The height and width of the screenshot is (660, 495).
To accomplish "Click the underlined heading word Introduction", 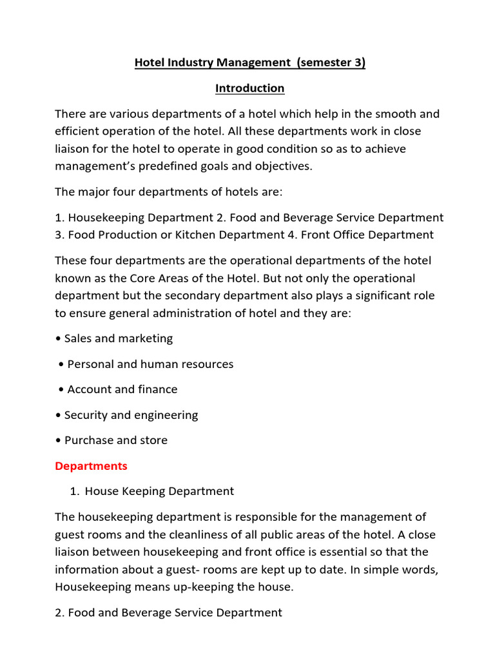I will click(249, 88).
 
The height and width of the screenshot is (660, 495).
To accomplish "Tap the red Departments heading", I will click(91, 466).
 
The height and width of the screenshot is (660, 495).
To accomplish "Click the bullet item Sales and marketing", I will click(119, 339).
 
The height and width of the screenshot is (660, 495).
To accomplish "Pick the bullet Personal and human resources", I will click(150, 364).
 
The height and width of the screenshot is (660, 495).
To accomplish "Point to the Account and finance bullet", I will click(122, 389).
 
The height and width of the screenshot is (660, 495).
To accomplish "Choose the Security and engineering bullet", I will click(131, 415).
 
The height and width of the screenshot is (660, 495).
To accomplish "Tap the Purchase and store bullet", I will click(115, 440).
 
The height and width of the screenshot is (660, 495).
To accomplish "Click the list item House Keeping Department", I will click(159, 491).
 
